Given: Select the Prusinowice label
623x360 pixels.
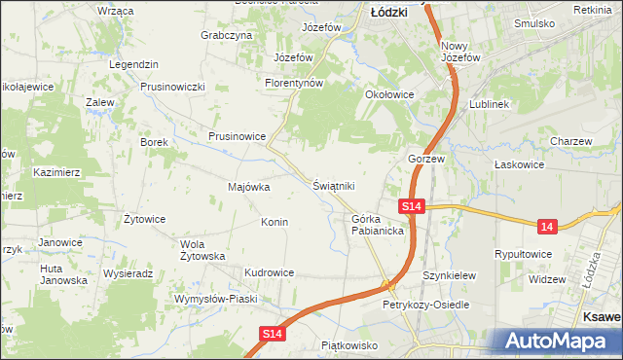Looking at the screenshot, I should [x=237, y=136].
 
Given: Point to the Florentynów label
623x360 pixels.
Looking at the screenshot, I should [x=293, y=84].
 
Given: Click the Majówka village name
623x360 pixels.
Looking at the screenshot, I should [x=247, y=187].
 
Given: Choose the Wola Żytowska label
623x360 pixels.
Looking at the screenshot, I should [x=202, y=250].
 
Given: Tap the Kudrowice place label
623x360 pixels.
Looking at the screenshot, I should [x=269, y=273].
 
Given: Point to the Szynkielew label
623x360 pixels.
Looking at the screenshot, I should [x=449, y=276].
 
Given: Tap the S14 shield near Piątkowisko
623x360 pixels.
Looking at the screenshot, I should [x=274, y=334].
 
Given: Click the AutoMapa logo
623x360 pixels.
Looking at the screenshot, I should [x=551, y=342].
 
